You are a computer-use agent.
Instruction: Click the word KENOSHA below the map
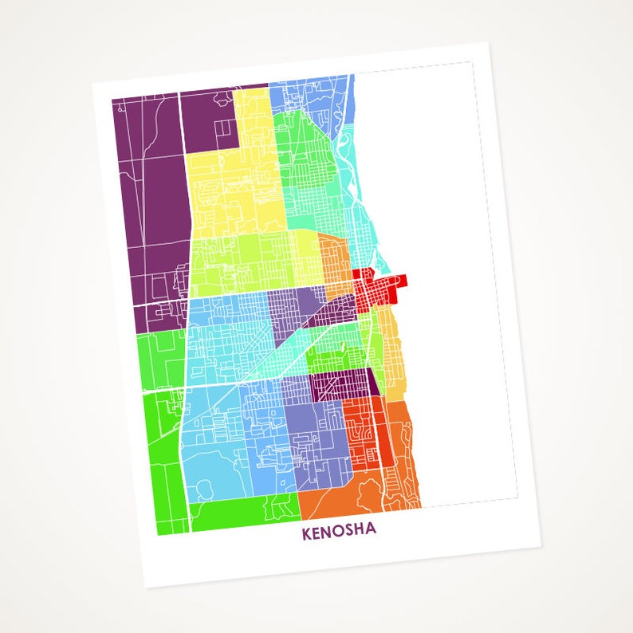tap(339, 532)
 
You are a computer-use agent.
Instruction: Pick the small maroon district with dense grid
tap(339, 386)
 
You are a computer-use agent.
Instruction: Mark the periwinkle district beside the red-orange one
tap(315, 434)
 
